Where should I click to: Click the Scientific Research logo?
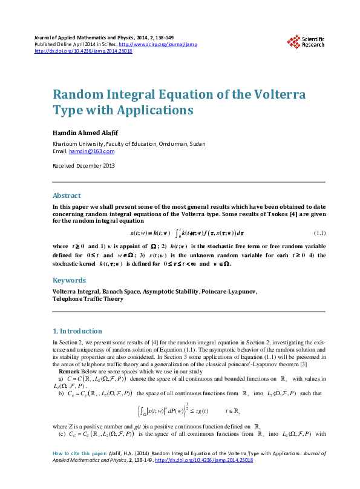pyautogui.click(x=306, y=41)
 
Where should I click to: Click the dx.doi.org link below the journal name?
pyautogui.click(x=83, y=51)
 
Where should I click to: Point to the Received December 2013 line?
pyautogui.click(x=83, y=165)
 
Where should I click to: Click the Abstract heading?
pyautogui.click(x=67, y=195)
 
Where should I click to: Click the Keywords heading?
pyautogui.click(x=69, y=280)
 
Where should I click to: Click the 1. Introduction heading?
pyautogui.click(x=77, y=331)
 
